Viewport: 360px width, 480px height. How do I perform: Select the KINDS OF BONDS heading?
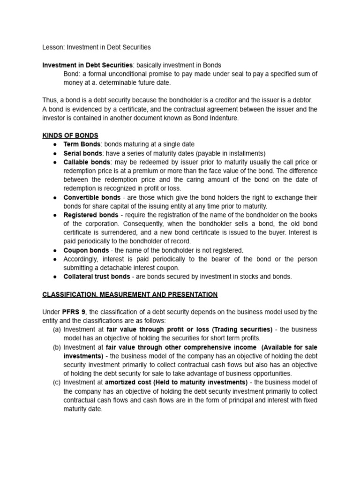point(70,135)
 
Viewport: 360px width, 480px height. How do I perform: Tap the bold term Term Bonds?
point(82,144)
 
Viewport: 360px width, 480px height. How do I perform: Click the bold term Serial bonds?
point(82,153)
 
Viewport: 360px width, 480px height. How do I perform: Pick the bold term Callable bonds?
point(87,162)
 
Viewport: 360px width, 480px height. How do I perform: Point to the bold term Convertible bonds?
point(90,197)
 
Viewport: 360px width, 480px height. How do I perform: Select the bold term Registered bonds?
point(91,215)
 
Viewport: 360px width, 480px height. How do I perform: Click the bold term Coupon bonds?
point(86,250)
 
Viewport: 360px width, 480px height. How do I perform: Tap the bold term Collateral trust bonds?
point(97,277)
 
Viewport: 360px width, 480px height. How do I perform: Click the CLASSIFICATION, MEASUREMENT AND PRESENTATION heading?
point(130,294)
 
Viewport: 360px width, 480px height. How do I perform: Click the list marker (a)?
point(57,330)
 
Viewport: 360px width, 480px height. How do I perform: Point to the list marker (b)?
point(57,347)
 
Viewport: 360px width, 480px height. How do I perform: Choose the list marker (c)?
point(57,382)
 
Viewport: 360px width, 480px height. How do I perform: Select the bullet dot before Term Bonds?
point(55,145)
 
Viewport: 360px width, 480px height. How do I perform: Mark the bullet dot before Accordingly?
point(55,259)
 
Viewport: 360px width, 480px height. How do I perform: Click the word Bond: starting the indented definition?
point(72,74)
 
